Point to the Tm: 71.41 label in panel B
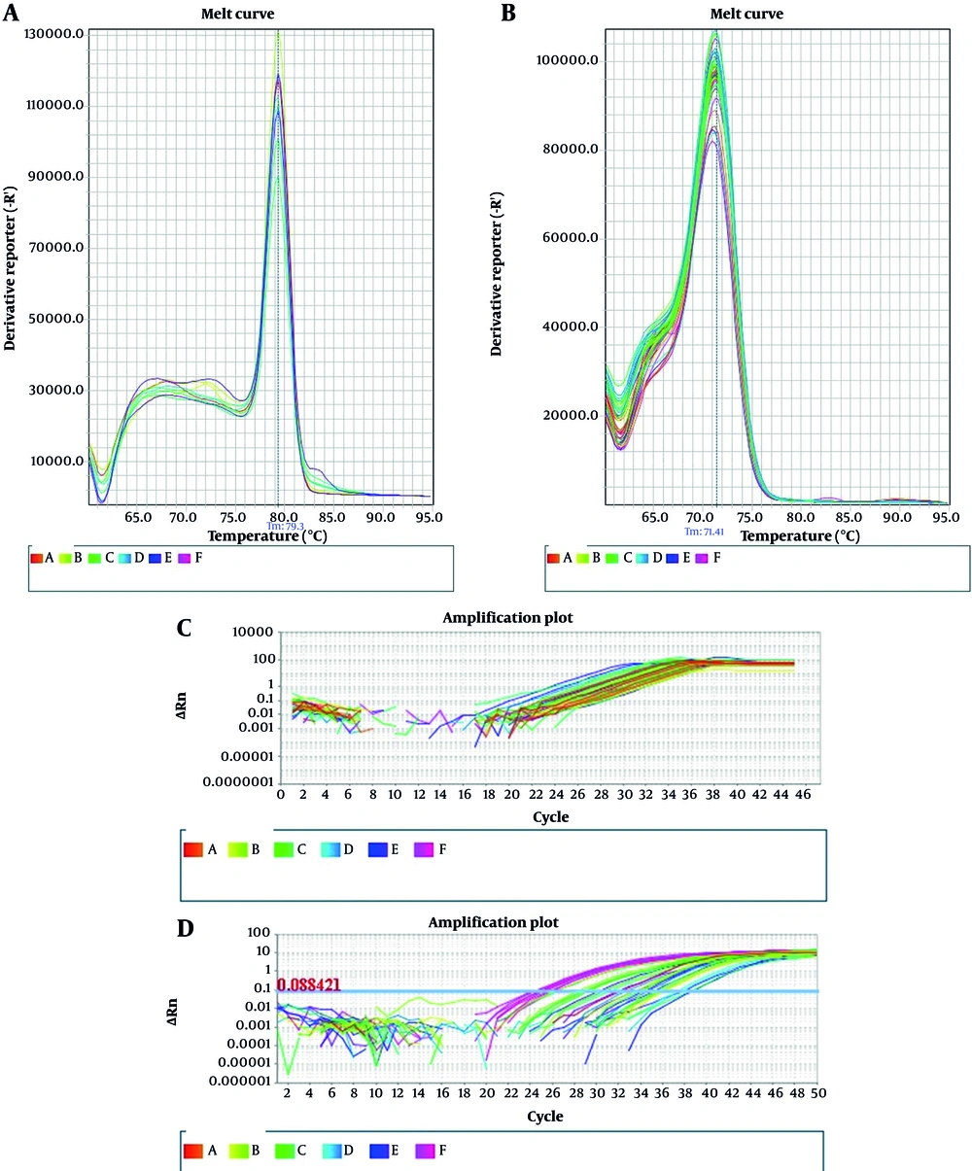(706, 532)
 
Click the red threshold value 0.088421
(309, 985)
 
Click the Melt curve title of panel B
(747, 14)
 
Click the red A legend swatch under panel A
(36, 558)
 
